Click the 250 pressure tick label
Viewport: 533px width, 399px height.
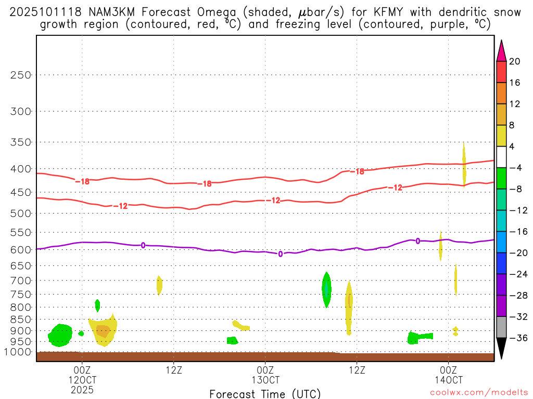point(21,75)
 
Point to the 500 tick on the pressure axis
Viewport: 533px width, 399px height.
point(21,213)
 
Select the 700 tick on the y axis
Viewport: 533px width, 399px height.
point(21,281)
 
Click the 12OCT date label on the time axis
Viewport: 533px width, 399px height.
point(82,379)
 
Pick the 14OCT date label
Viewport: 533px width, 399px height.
point(449,379)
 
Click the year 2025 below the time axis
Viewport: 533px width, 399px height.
point(82,389)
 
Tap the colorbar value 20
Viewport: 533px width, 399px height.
point(515,61)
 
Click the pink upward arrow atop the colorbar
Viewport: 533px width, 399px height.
point(501,50)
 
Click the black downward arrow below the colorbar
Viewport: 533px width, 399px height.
point(501,349)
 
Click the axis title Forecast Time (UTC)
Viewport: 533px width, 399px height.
point(265,393)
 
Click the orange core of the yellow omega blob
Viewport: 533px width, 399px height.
point(103,331)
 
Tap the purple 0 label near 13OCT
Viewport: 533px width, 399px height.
point(281,254)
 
